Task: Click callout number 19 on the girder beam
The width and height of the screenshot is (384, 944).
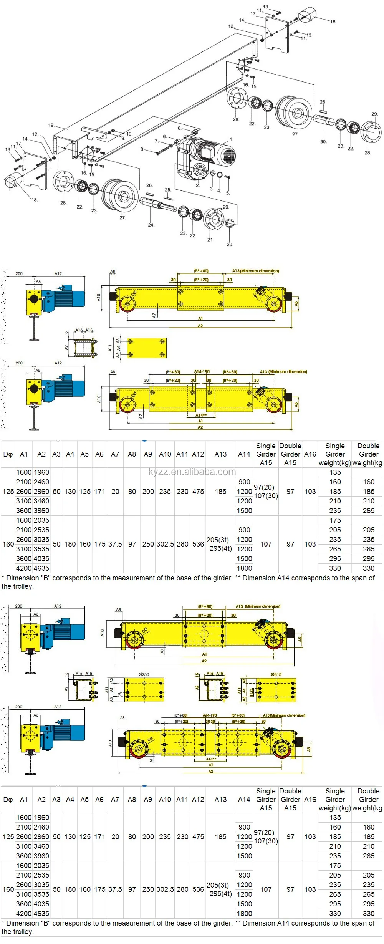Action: [51, 125]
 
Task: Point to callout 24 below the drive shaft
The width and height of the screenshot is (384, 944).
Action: [151, 225]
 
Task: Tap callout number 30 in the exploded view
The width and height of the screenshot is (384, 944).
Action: [323, 142]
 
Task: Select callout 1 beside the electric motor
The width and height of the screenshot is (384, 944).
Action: [231, 139]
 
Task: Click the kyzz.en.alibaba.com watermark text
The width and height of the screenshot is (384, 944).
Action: [192, 472]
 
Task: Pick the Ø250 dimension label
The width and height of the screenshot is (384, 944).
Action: [144, 674]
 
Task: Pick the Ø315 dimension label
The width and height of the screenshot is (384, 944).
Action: [276, 674]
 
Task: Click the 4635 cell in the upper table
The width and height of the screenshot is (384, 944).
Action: [41, 568]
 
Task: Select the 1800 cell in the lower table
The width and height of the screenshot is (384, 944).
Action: [244, 913]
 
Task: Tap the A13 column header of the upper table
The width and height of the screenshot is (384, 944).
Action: [220, 454]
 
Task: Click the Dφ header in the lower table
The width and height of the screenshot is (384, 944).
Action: [8, 799]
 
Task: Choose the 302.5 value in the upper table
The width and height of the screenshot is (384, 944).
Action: [165, 544]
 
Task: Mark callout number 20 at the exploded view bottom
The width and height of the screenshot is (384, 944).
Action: [230, 244]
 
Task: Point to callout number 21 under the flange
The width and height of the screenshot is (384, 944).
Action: [210, 240]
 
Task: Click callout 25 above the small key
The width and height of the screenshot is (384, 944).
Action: [168, 190]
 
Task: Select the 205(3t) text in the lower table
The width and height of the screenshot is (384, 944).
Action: [217, 885]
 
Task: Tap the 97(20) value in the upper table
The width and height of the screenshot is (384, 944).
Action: [264, 487]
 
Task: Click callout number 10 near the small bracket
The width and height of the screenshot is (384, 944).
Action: [129, 134]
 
